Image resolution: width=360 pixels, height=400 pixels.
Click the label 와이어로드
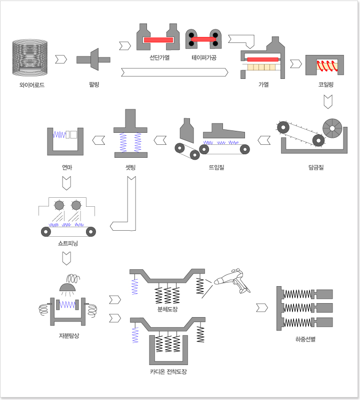(32, 85)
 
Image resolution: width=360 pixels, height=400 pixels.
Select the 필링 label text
(93, 85)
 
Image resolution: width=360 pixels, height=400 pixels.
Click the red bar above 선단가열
(158, 39)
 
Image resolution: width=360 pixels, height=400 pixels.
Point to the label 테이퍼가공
(204, 57)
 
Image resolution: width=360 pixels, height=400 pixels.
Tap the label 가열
(263, 85)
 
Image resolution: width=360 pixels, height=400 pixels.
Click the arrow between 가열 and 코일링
(296, 63)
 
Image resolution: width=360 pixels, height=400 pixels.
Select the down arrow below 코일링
(328, 102)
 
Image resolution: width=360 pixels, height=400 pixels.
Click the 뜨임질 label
(216, 167)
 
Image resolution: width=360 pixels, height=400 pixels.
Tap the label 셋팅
(130, 167)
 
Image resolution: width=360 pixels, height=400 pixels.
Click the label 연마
(65, 167)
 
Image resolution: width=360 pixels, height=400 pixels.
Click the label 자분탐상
(68, 335)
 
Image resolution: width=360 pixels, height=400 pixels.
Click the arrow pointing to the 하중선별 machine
(261, 307)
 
